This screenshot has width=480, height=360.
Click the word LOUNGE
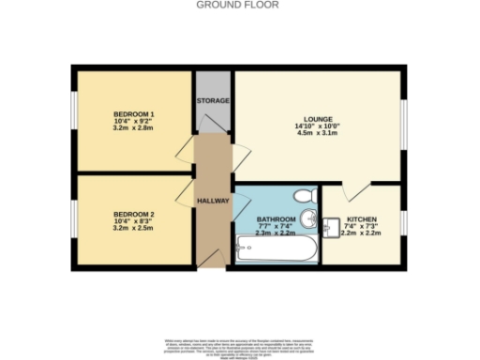[317, 121]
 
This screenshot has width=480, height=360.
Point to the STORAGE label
[213, 100]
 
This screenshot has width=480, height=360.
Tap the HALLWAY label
[213, 201]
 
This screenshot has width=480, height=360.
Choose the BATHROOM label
[276, 219]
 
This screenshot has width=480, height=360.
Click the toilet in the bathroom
[302, 196]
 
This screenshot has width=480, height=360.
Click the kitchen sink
[334, 225]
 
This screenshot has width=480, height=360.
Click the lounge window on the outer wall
[405, 122]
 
